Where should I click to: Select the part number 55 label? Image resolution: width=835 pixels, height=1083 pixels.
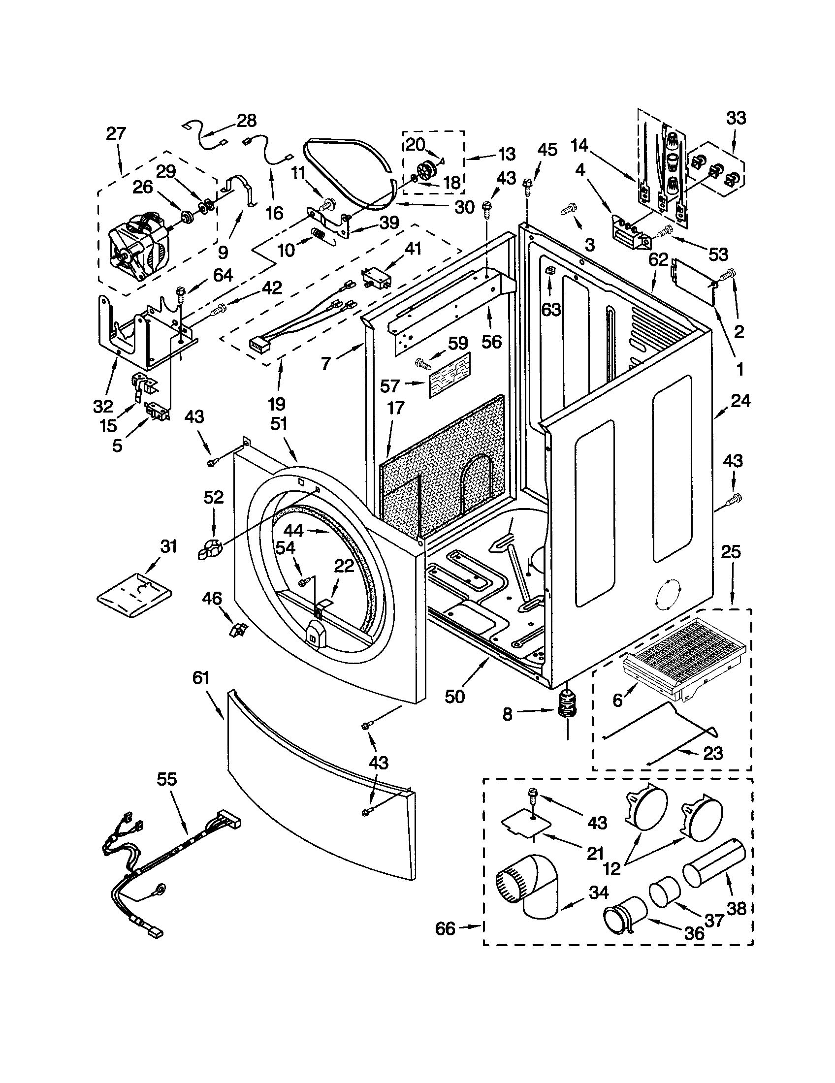166,780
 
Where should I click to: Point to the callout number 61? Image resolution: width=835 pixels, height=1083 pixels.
201,678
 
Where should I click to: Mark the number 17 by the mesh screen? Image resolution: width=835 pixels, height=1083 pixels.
396,408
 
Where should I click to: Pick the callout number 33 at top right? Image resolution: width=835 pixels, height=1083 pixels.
736,119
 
